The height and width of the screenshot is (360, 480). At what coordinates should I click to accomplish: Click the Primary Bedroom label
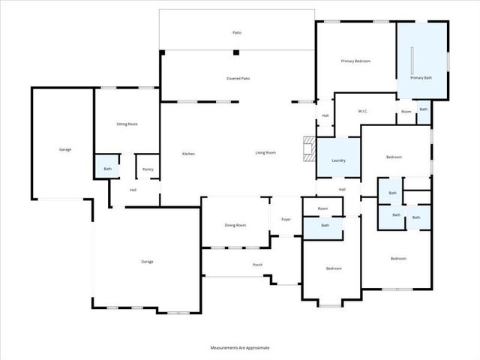coord(355,61)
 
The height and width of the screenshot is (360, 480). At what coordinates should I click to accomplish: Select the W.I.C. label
coord(362,112)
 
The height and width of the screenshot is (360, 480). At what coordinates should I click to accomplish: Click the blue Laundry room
coord(338,158)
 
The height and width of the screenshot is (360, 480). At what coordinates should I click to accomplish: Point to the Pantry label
coord(148,169)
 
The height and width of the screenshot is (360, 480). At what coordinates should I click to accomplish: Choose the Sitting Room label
coord(127,124)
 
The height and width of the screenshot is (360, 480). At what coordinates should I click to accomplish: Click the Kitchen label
coord(189,154)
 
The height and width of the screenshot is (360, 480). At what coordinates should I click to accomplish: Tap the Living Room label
coord(265,152)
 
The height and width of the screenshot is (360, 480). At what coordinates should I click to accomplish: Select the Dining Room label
coord(235,225)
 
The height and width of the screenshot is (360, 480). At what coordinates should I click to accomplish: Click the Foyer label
coord(286,219)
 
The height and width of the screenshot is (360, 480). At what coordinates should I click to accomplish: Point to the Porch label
coord(257,265)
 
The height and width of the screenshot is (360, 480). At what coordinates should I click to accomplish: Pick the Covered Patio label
coord(238,78)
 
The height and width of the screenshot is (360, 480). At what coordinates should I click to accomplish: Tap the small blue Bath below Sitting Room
coord(107,168)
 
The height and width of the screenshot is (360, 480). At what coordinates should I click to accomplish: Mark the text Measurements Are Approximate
coord(240,348)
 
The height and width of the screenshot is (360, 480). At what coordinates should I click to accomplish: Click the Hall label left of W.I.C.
coord(325,115)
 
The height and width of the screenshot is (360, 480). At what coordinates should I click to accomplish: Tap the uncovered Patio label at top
coord(237,32)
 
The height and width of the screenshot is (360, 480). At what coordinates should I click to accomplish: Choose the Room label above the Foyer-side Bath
coord(322,208)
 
